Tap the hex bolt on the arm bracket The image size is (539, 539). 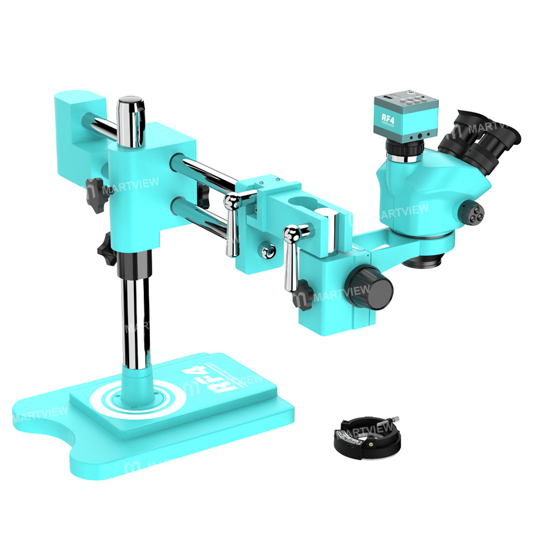click(x=266, y=251)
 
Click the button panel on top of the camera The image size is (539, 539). click(x=412, y=100)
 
